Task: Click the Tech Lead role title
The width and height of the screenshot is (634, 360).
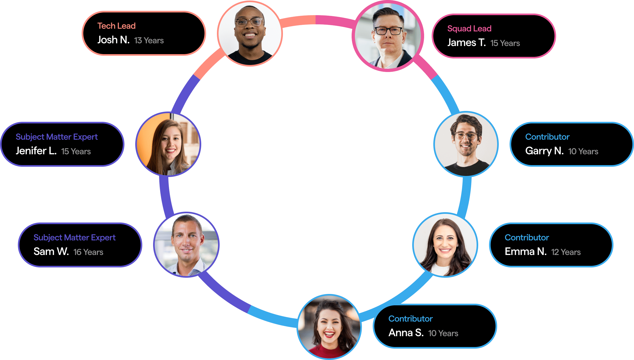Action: click(116, 26)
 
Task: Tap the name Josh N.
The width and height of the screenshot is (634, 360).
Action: click(113, 40)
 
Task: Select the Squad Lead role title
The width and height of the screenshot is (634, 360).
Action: click(469, 29)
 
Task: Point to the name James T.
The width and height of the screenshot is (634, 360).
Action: click(466, 43)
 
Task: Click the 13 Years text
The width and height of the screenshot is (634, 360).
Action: click(149, 41)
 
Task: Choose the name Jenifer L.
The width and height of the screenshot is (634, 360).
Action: click(36, 151)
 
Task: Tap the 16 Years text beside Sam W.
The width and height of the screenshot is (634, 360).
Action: click(88, 252)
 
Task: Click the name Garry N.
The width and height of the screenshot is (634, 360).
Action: click(544, 151)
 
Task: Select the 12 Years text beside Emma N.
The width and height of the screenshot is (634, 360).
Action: click(566, 252)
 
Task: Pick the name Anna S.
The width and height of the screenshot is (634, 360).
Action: click(406, 333)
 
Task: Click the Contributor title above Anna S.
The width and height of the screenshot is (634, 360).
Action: click(411, 319)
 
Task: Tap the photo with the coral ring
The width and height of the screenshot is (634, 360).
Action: click(250, 34)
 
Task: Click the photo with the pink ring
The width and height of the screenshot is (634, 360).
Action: click(388, 36)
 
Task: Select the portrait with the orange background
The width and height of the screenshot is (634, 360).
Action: click(168, 144)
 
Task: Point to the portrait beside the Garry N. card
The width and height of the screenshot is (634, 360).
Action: click(466, 144)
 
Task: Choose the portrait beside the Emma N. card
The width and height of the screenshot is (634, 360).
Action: click(445, 245)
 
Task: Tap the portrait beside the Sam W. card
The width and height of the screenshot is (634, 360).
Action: click(186, 245)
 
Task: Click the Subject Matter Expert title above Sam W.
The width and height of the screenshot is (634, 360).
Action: click(74, 238)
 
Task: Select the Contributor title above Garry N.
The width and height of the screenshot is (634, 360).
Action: click(547, 137)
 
